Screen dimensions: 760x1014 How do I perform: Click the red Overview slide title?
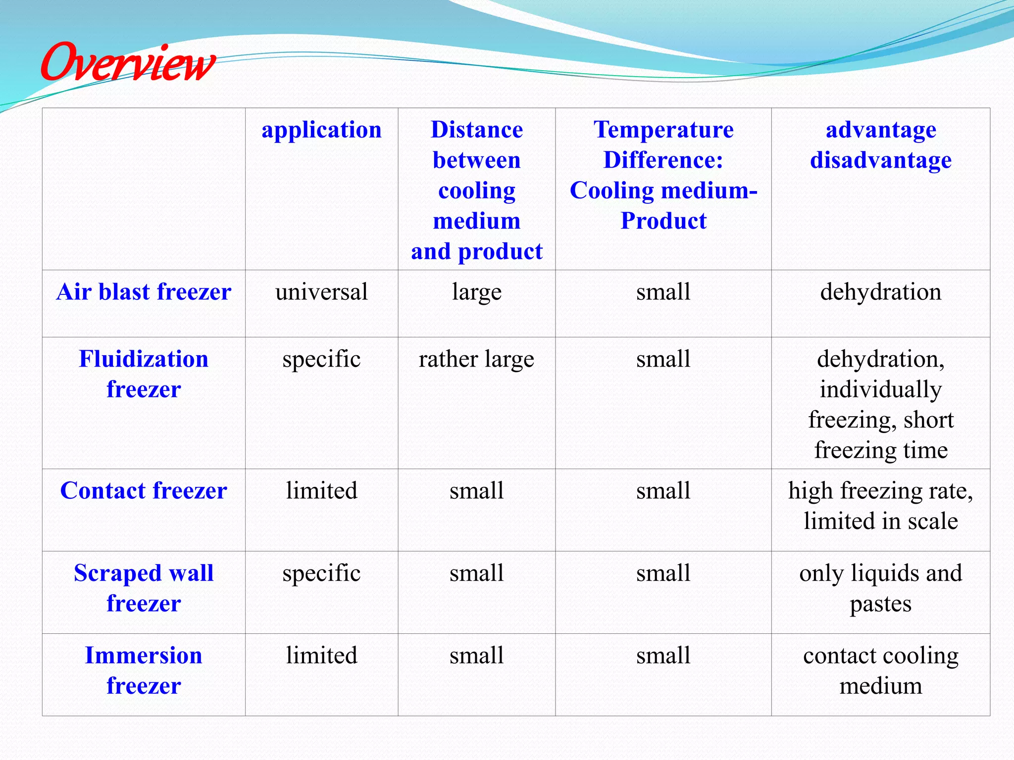click(128, 63)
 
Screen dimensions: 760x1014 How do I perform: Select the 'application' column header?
click(321, 130)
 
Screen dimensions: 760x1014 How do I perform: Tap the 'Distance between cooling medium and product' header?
click(476, 190)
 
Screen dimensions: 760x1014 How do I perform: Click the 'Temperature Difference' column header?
click(663, 175)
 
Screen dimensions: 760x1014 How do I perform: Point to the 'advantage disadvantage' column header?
click(880, 145)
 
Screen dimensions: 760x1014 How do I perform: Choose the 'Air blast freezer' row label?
click(144, 292)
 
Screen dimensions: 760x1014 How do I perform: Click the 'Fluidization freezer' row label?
click(144, 374)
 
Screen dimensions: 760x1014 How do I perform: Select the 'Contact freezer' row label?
click(144, 491)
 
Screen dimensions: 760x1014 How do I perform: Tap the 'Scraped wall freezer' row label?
click(144, 588)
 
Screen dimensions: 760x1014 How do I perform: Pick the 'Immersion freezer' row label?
click(144, 670)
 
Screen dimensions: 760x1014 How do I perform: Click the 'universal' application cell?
click(321, 292)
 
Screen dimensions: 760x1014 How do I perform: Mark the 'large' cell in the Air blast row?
click(476, 292)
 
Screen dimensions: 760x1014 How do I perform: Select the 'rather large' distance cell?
click(476, 359)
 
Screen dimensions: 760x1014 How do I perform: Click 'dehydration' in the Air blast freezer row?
click(880, 292)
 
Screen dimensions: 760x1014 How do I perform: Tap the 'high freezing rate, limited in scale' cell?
click(880, 506)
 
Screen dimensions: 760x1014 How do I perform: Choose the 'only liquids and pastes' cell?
click(880, 588)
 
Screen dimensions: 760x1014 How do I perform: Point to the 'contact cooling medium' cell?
click(880, 670)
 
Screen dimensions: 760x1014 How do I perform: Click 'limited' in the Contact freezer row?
click(321, 491)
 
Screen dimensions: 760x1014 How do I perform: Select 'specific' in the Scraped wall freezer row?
click(321, 573)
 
